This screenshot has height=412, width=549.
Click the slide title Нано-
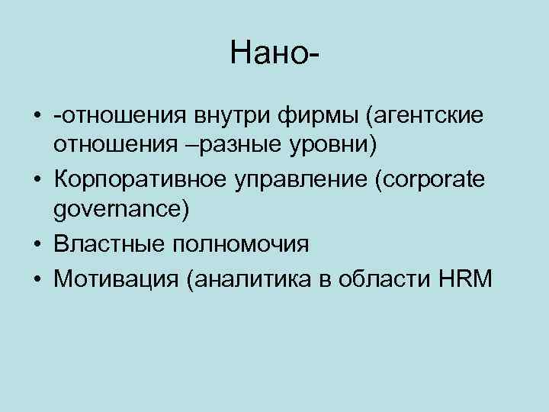click(274, 53)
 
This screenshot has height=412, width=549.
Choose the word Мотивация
click(117, 281)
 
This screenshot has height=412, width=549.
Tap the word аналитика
click(253, 281)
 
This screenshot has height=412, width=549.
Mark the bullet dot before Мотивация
click(37, 281)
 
